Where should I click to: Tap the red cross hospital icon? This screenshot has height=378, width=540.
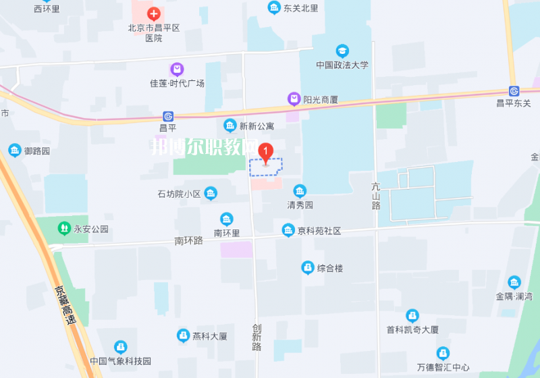154,13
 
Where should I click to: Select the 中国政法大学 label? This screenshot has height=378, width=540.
342,65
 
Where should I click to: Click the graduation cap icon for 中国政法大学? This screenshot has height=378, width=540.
342,51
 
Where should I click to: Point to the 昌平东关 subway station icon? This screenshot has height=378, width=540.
514,91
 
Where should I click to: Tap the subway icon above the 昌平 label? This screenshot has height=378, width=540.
167,116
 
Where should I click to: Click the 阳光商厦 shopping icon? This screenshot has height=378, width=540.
294,99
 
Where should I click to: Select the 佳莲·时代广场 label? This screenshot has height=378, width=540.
177,84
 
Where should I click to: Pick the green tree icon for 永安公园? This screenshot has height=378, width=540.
64,228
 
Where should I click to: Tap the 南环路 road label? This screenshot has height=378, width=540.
188,240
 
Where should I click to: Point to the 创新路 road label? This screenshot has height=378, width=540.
256,336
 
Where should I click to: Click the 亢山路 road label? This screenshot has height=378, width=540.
376,196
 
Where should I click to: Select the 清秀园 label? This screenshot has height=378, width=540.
300,205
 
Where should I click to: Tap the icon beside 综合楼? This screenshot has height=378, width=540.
307,268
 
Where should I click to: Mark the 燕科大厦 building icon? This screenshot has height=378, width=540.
182,335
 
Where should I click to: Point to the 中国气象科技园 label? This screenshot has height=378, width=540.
121,361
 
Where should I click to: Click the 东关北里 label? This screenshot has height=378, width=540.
300,8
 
